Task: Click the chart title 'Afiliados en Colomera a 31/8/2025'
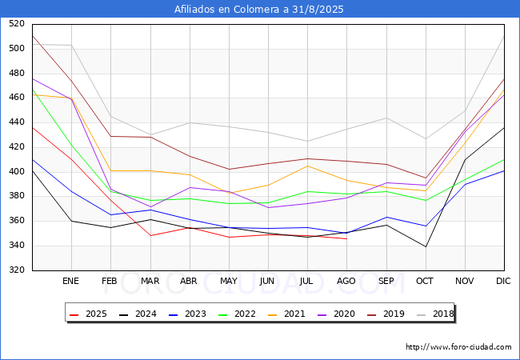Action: click(x=260, y=10)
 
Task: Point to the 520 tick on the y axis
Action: click(x=16, y=24)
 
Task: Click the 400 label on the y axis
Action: click(x=16, y=172)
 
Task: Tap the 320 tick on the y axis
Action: click(x=16, y=270)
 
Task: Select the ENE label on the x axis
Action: click(x=71, y=282)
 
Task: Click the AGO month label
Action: click(x=346, y=282)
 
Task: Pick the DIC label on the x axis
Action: click(x=503, y=282)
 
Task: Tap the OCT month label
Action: click(x=425, y=282)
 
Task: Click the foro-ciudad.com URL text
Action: click(x=458, y=347)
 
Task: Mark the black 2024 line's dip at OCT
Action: click(x=425, y=246)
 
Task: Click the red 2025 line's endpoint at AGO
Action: click(x=346, y=238)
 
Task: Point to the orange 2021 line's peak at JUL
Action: click(x=307, y=166)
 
